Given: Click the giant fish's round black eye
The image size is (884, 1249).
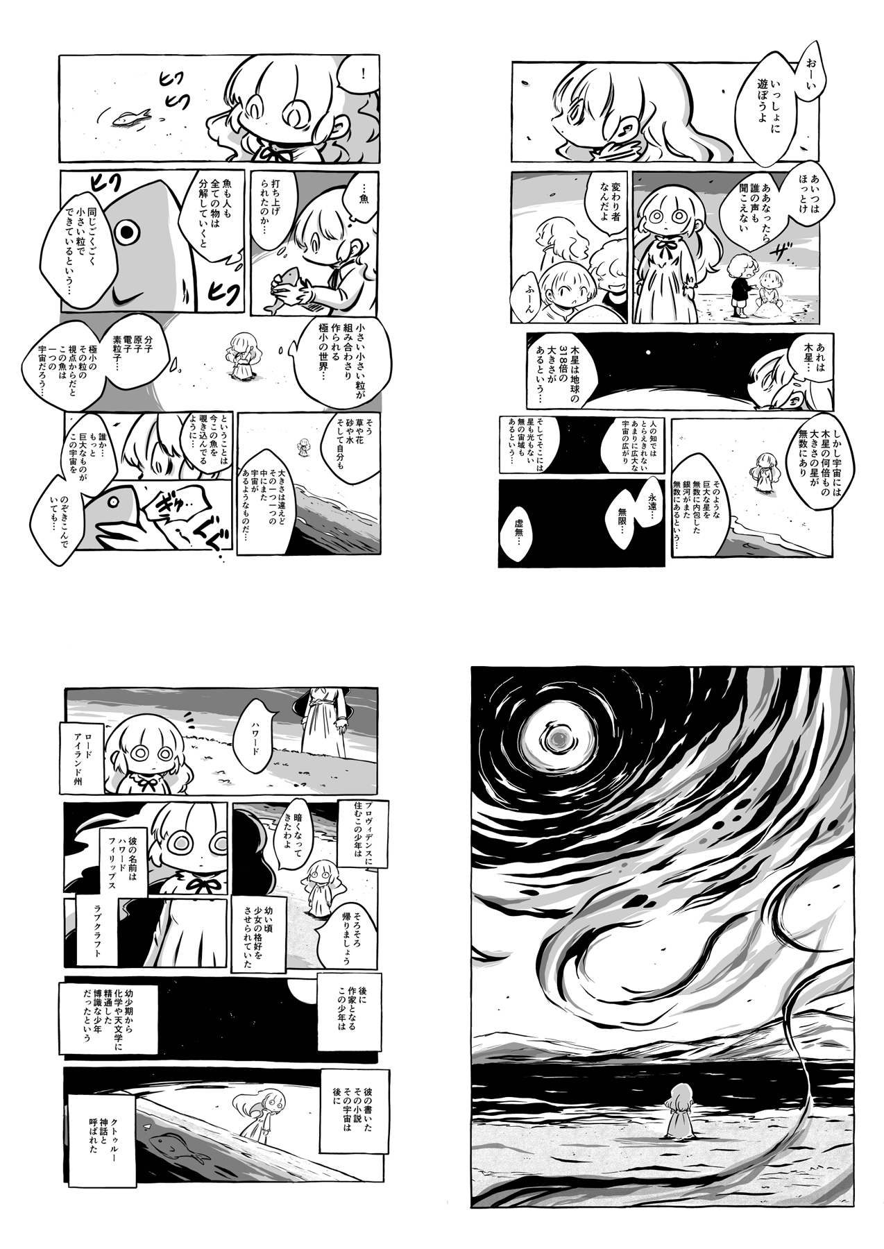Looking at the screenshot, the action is (126, 233).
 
